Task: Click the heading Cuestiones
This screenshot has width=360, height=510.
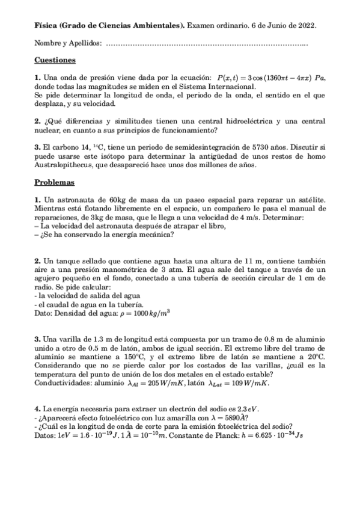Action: tap(55, 60)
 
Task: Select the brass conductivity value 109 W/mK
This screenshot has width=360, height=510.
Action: tap(248, 383)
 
